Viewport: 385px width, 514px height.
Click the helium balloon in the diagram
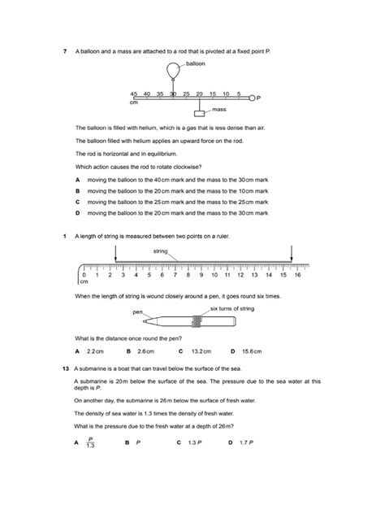[172, 71]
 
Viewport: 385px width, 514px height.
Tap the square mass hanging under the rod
[200, 112]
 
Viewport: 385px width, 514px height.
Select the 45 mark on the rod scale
[133, 94]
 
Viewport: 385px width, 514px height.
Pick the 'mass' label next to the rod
[218, 108]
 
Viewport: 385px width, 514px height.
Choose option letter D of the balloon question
[76, 212]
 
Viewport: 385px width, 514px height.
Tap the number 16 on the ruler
[297, 276]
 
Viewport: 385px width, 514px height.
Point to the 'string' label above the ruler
[160, 252]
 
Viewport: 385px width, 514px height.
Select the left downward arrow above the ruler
[116, 254]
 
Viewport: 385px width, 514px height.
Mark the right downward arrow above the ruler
[292, 254]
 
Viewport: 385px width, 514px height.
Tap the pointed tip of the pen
[236, 323]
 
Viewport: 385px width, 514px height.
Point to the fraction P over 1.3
[90, 444]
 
